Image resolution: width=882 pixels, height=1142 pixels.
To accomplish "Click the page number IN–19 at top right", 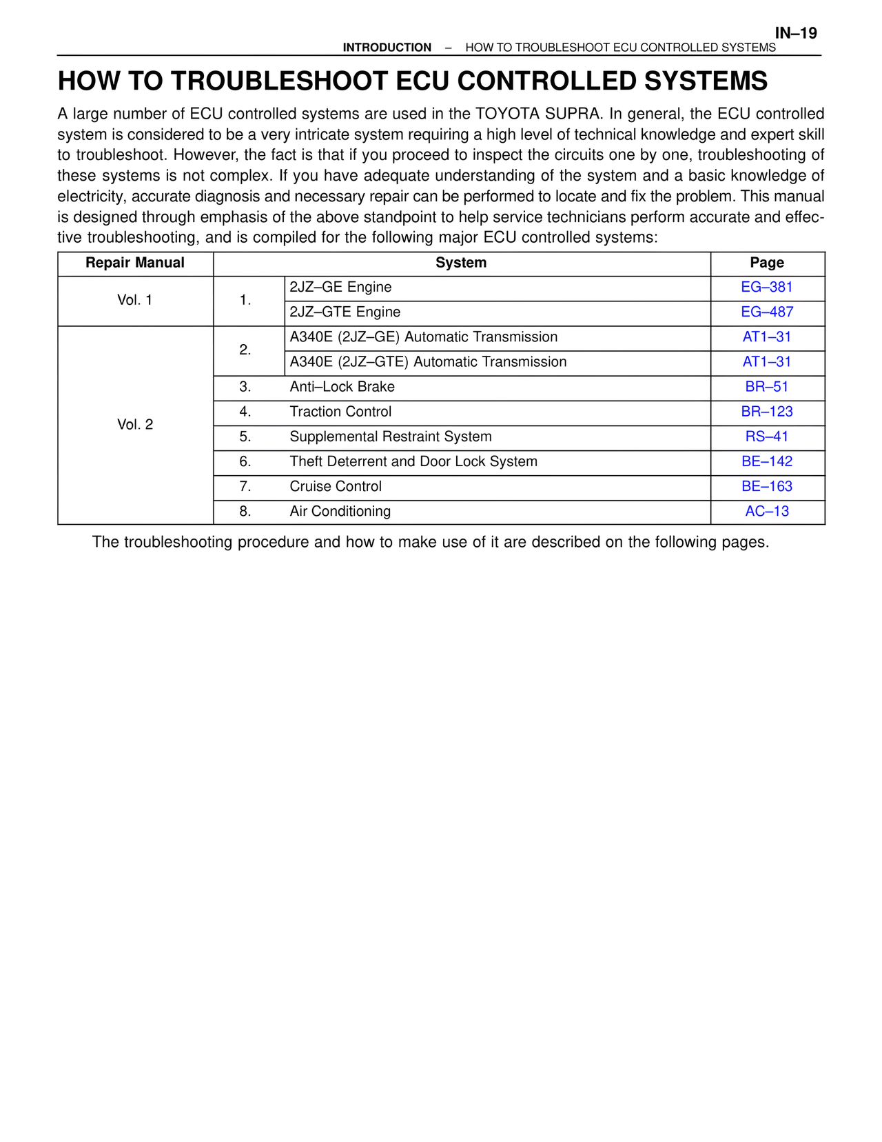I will tap(795, 33).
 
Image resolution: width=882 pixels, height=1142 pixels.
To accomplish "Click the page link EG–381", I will tap(767, 288).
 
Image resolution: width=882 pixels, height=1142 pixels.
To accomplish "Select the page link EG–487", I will tap(767, 312).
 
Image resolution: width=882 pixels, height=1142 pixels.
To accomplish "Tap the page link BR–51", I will tap(767, 387).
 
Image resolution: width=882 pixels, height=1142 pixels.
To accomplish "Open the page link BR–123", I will tap(767, 412).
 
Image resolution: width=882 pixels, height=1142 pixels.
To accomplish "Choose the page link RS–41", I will tap(767, 437).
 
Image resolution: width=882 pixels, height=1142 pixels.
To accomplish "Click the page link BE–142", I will tap(767, 461).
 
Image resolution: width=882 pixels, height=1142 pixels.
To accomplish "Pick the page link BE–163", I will tap(767, 486).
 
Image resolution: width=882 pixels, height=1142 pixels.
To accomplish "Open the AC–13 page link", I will tap(767, 512).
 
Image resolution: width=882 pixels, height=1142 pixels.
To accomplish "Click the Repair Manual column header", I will tap(135, 263).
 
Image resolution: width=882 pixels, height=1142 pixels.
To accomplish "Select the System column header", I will tap(461, 263).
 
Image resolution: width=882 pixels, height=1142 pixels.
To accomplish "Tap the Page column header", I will tap(767, 263).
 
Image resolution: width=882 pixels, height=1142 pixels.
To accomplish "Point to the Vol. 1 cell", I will tap(135, 300).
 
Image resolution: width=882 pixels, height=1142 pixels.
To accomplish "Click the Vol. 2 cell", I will tap(135, 425).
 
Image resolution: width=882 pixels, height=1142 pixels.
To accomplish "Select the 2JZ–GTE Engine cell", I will tap(345, 312).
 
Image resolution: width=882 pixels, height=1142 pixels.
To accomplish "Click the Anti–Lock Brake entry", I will tap(342, 387).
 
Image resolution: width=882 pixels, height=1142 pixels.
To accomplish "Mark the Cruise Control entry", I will tap(336, 486).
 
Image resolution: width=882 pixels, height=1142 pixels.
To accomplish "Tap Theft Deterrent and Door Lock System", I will tap(413, 461).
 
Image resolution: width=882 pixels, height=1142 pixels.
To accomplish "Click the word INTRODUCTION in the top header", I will tap(387, 48).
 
